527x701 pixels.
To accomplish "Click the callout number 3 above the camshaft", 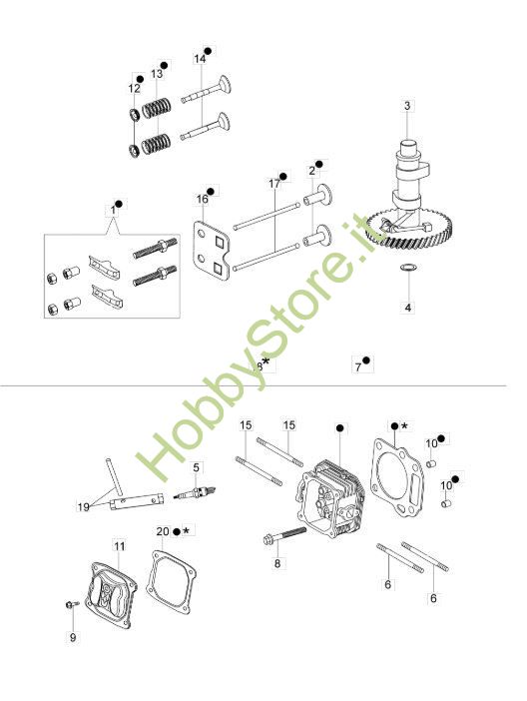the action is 407,106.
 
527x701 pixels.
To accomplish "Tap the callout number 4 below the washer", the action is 407,308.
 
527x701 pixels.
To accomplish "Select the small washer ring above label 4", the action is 408,268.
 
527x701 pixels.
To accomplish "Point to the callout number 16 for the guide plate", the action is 202,199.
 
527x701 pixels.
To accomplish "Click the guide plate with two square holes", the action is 212,248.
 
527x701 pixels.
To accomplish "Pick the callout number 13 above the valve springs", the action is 157,73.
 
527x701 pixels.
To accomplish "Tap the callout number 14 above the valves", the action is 200,59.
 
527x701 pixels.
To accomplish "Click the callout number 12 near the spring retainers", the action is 134,88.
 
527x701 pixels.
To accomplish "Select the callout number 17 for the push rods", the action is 274,184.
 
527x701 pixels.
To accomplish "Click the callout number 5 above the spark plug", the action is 197,468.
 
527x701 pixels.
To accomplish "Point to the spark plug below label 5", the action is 196,493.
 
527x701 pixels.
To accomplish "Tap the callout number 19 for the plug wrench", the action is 84,507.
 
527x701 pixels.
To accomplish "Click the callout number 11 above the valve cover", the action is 120,546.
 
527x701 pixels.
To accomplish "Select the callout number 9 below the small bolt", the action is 73,638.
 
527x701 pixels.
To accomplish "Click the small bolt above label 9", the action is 72,604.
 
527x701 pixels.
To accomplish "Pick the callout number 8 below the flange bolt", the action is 277,564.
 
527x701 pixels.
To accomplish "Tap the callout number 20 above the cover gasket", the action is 163,531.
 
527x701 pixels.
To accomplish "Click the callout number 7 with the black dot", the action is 357,367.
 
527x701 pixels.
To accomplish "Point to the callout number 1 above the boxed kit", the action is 113,210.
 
